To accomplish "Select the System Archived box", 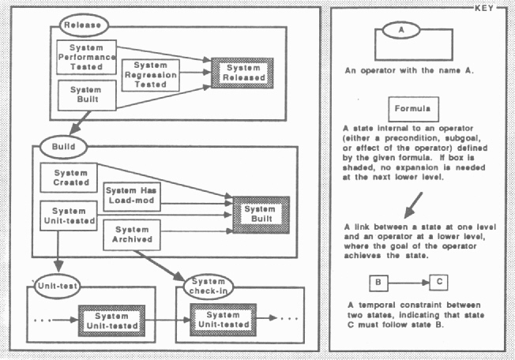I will pos(130,234).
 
